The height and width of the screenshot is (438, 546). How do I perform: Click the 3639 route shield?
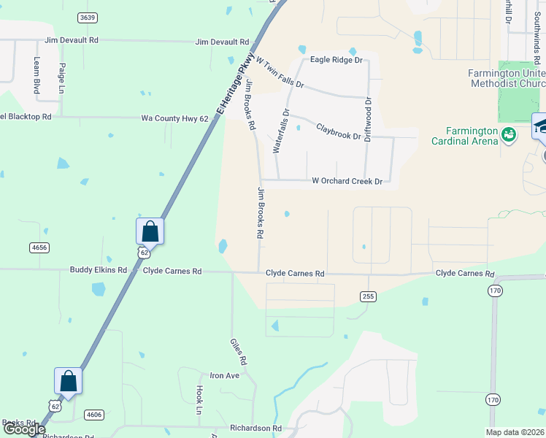pos(88,17)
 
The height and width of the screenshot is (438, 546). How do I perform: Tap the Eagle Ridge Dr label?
pos(337,60)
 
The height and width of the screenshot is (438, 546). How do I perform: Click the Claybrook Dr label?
pos(338,131)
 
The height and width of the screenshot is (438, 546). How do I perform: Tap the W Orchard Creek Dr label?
pos(347,181)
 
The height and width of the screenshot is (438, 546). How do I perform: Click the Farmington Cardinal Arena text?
pos(464,137)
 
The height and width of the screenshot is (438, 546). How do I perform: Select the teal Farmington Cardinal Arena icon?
pos(509,134)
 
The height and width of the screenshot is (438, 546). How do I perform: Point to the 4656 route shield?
pos(39,248)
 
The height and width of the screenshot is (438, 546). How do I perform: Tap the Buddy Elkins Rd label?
pos(99,270)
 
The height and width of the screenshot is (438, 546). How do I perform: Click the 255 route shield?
pos(368,296)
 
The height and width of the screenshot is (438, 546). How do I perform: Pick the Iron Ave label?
pos(225,375)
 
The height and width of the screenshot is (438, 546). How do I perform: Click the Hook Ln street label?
pos(199,401)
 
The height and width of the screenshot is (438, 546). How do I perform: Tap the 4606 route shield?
pos(94,415)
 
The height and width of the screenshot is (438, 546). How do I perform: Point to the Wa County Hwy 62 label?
pos(174,118)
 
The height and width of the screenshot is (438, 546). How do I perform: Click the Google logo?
pos(24,430)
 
